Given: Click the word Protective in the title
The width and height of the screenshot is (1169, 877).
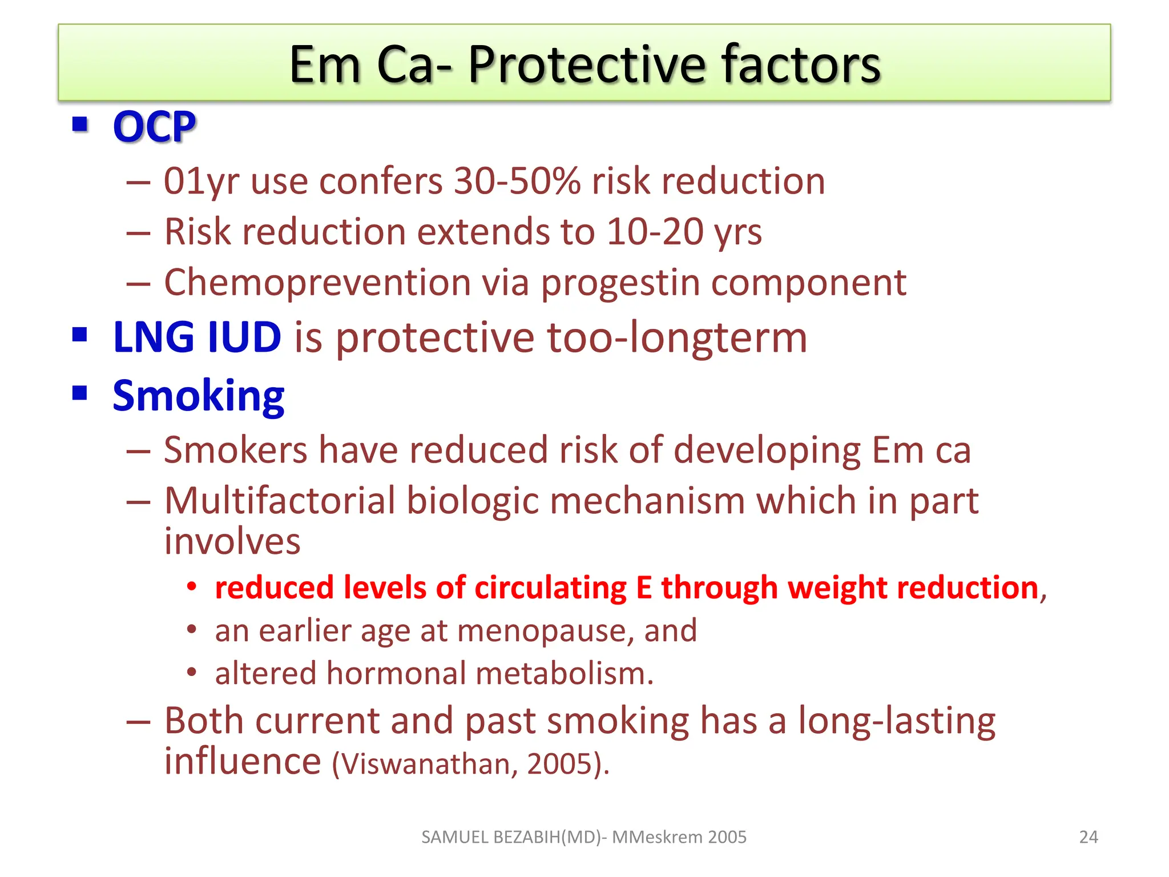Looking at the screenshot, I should click(588, 65).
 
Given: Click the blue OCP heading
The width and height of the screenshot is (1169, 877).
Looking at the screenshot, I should click(154, 126).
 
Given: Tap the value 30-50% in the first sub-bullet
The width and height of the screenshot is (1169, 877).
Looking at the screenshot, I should click(517, 182).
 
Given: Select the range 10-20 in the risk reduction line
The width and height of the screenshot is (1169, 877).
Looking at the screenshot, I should click(655, 232).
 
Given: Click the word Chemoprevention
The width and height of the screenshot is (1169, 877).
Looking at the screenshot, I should click(317, 283).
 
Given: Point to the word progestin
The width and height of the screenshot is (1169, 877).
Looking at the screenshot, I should click(620, 284).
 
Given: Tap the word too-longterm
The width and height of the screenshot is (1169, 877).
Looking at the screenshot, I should click(677, 337).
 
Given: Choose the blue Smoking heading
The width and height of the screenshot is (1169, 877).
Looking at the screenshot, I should click(198, 396).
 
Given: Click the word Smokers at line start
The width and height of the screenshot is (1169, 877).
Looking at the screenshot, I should click(235, 450).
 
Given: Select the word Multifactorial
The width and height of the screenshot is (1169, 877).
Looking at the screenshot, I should click(280, 501).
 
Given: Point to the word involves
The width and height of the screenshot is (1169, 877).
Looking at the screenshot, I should click(232, 541).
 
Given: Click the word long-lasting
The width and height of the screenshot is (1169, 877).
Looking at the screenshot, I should click(896, 721).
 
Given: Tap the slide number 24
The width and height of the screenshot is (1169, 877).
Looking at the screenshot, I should click(1088, 837).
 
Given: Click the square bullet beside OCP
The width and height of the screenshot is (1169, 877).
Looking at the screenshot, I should click(80, 124).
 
